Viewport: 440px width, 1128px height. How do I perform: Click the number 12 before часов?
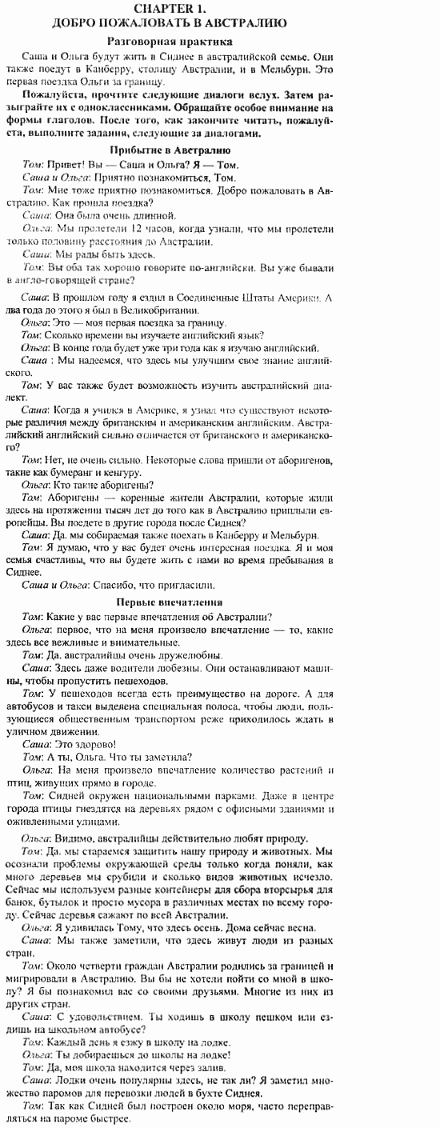[126, 229]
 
